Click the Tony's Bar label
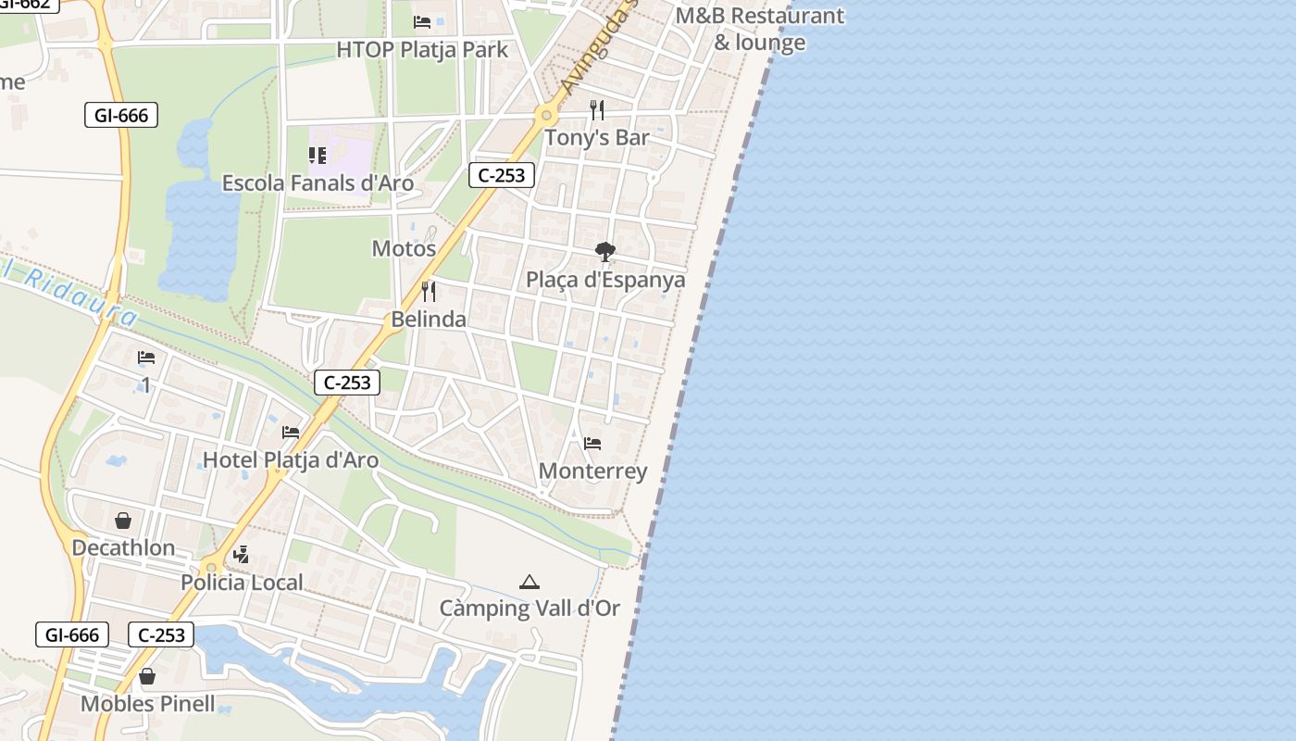pos(597,137)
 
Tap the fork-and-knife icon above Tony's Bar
pos(597,110)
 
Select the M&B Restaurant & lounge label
pos(759,29)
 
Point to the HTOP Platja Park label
pos(422,49)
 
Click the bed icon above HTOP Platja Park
pos(422,21)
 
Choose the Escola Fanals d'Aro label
pos(318,182)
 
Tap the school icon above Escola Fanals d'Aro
pos(318,155)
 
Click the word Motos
pos(404,248)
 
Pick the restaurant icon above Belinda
pos(429,292)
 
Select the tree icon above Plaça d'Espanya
pos(605,251)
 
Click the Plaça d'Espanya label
pos(605,280)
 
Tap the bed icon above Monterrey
pos(592,444)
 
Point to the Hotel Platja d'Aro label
pos(291,459)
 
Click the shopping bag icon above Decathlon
pos(123,521)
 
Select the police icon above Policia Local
pos(242,555)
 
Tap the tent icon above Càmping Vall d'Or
pos(530,582)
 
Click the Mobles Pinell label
pos(147,704)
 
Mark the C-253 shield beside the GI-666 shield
pos(161,634)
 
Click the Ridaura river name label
pos(65,291)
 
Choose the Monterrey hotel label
pos(592,471)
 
